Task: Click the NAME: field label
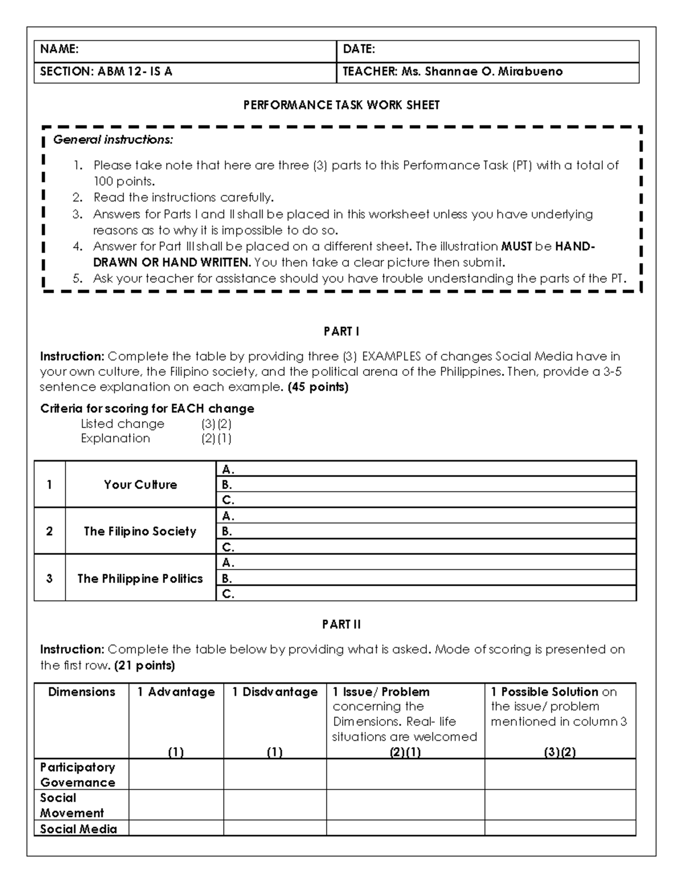coord(59,49)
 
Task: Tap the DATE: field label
coord(359,49)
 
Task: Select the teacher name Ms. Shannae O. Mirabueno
coord(482,72)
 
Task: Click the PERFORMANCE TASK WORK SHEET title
coord(341,105)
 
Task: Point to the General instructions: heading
coord(113,139)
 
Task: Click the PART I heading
coord(341,331)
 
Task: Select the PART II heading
coord(341,624)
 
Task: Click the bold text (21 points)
coord(145,665)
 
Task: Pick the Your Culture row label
coord(140,484)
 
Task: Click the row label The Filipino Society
coord(140,531)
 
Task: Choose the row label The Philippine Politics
coord(140,578)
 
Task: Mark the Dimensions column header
coord(81,692)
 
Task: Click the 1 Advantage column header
coord(176,692)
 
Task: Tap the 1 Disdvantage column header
coord(275,692)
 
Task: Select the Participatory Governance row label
coord(77,774)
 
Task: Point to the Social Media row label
coord(79,829)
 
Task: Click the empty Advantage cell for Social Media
coord(176,828)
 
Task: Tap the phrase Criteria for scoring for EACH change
coord(147,409)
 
